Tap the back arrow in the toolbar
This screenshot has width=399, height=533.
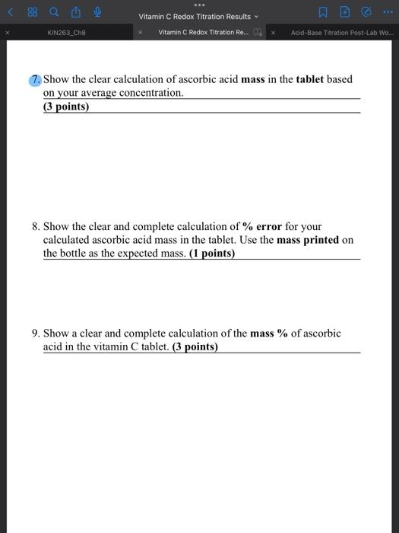click(9, 11)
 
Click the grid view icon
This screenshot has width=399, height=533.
click(33, 11)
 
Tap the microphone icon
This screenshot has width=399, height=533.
click(97, 11)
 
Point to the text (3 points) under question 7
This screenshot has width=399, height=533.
click(65, 107)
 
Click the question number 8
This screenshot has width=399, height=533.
click(36, 226)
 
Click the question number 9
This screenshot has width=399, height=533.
click(36, 334)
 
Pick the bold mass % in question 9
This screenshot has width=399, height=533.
click(268, 334)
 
